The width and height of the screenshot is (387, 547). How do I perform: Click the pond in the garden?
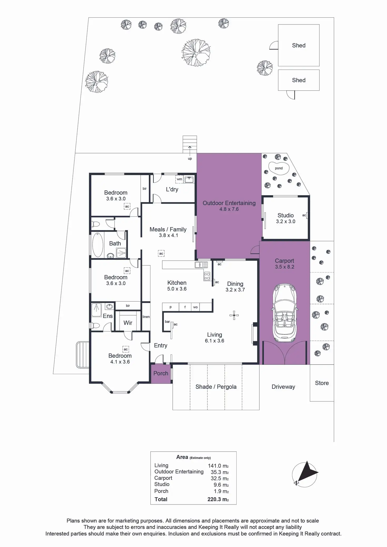(x=279, y=168)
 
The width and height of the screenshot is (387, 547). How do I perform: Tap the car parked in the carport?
(x=285, y=313)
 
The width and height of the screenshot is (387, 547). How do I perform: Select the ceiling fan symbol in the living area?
(x=234, y=315)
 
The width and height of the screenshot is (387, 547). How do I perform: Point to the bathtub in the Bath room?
(x=98, y=245)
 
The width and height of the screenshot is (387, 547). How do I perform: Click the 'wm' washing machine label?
(x=179, y=179)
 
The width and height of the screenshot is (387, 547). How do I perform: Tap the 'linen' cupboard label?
(x=146, y=317)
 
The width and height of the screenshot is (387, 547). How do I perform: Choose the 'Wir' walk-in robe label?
(x=128, y=323)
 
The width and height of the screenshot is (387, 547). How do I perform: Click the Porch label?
(x=161, y=373)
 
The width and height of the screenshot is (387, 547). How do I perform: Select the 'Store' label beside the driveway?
(x=322, y=383)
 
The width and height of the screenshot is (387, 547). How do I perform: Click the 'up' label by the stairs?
(x=190, y=159)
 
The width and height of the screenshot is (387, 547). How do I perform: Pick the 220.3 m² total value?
(x=218, y=499)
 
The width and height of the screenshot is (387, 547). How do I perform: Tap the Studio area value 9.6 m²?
(x=221, y=485)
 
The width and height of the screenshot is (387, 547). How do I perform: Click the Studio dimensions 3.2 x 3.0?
(x=286, y=221)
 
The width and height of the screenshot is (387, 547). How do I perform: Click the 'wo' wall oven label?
(x=195, y=307)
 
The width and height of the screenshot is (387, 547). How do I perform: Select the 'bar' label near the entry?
(x=167, y=322)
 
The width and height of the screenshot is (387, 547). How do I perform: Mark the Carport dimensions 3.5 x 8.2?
(x=284, y=267)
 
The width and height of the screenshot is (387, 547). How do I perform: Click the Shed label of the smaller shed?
(x=299, y=80)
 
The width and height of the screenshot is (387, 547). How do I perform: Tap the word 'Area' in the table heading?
(x=182, y=457)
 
